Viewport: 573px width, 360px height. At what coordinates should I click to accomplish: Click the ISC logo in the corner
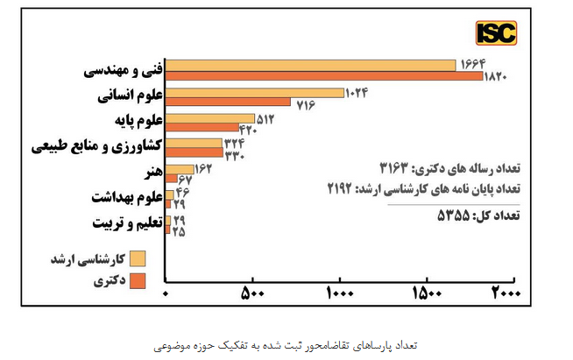(496, 34)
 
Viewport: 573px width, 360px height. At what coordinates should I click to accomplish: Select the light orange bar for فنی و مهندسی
(311, 65)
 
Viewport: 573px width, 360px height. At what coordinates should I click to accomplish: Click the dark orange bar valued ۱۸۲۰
(324, 76)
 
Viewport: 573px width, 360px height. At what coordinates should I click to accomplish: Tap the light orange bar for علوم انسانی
(255, 92)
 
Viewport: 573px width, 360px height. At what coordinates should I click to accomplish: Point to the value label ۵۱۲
(266, 118)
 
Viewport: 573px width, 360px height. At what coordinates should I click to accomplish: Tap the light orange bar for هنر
(180, 169)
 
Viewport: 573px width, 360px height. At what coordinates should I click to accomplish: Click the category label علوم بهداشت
(125, 198)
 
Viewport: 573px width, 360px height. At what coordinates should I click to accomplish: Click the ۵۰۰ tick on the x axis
(252, 293)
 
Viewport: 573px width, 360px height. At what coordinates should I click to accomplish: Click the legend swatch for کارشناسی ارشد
(138, 259)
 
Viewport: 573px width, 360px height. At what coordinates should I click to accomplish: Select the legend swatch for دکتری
(138, 281)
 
